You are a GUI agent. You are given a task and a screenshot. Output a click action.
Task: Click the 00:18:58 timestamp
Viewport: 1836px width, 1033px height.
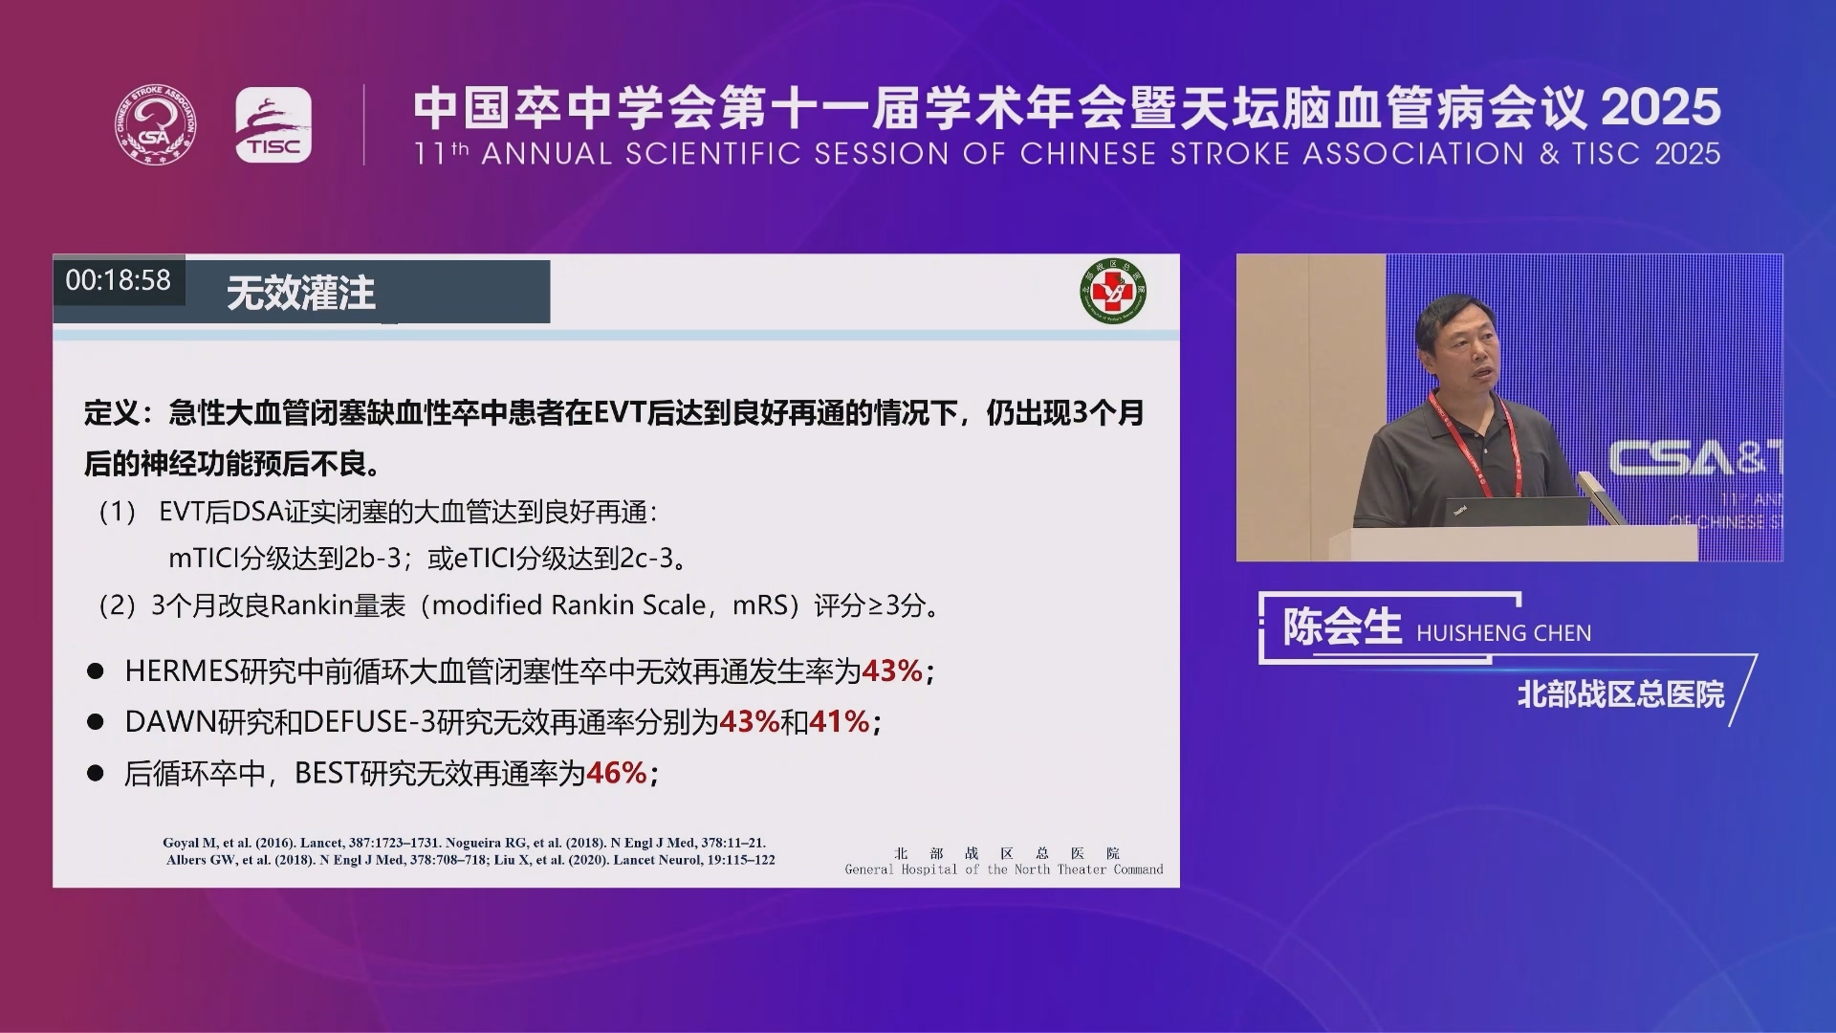click(118, 280)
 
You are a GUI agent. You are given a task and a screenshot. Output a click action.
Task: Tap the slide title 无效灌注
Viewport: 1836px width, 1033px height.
click(300, 293)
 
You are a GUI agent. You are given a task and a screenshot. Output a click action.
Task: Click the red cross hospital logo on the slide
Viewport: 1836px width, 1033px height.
click(1113, 291)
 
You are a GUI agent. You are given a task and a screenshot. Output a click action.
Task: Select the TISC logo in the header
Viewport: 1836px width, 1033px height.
click(273, 125)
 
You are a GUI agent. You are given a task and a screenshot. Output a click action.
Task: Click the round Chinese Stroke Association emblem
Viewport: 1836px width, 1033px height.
click(156, 124)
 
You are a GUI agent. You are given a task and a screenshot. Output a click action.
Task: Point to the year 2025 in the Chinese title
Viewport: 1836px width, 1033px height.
click(1661, 108)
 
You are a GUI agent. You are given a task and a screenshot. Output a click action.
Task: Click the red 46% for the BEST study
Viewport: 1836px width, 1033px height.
click(617, 773)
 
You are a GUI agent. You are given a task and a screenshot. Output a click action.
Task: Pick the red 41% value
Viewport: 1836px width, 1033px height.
click(840, 721)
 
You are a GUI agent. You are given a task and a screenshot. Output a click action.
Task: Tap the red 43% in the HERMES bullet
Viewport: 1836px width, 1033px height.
click(892, 671)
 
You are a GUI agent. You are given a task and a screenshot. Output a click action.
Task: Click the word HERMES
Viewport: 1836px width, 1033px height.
click(182, 671)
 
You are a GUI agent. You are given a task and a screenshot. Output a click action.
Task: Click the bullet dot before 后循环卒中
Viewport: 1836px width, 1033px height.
click(95, 773)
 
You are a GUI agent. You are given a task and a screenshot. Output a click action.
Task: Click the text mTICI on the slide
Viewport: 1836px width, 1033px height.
click(203, 559)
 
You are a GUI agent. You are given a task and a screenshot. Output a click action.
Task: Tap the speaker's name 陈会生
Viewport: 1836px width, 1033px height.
click(1343, 627)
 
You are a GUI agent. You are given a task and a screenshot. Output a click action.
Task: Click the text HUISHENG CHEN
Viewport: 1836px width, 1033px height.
click(1504, 633)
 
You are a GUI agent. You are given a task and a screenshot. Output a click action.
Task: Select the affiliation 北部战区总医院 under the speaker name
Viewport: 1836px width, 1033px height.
click(1621, 694)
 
